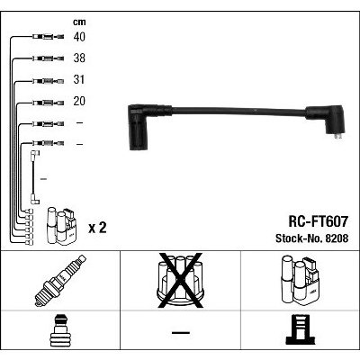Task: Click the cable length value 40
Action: tap(79, 37)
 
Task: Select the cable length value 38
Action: tap(79, 58)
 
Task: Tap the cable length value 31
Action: tap(79, 80)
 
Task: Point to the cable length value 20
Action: tap(79, 102)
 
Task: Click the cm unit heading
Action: tap(79, 22)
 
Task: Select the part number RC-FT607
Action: tap(319, 221)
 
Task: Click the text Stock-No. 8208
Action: tap(312, 238)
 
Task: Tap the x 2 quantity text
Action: tap(97, 229)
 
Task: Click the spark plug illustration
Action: tap(60, 281)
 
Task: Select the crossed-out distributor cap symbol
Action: tap(180, 281)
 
